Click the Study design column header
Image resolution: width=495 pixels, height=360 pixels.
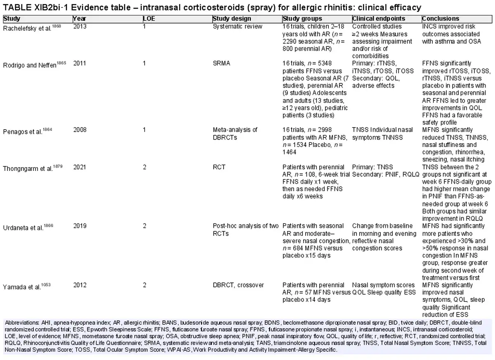click(x=231, y=19)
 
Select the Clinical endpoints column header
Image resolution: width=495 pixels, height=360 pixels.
click(x=379, y=19)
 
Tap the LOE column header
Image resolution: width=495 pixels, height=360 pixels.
click(x=149, y=19)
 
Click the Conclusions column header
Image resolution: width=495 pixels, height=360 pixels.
click(x=441, y=19)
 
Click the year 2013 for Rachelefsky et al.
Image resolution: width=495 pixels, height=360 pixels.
click(x=80, y=26)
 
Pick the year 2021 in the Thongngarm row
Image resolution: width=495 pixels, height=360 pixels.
click(x=80, y=167)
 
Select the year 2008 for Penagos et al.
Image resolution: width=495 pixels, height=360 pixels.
click(x=80, y=130)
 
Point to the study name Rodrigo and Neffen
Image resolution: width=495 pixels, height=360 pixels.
click(x=30, y=66)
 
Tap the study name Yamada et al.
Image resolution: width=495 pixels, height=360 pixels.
click(x=22, y=287)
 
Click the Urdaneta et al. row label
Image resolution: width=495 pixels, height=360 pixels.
click(x=23, y=228)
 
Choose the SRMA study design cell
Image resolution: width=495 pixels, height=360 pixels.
click(x=222, y=64)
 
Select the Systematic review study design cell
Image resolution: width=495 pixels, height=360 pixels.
click(x=238, y=26)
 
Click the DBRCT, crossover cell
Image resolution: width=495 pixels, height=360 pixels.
click(x=238, y=285)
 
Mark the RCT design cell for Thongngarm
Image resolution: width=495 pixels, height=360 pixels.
click(x=219, y=167)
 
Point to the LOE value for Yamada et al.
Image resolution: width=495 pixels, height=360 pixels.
click(x=144, y=285)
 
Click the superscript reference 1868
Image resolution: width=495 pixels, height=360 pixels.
click(x=57, y=26)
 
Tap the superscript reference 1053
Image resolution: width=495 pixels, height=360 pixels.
click(x=46, y=284)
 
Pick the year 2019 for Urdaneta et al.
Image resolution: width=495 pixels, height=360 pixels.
click(x=80, y=226)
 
